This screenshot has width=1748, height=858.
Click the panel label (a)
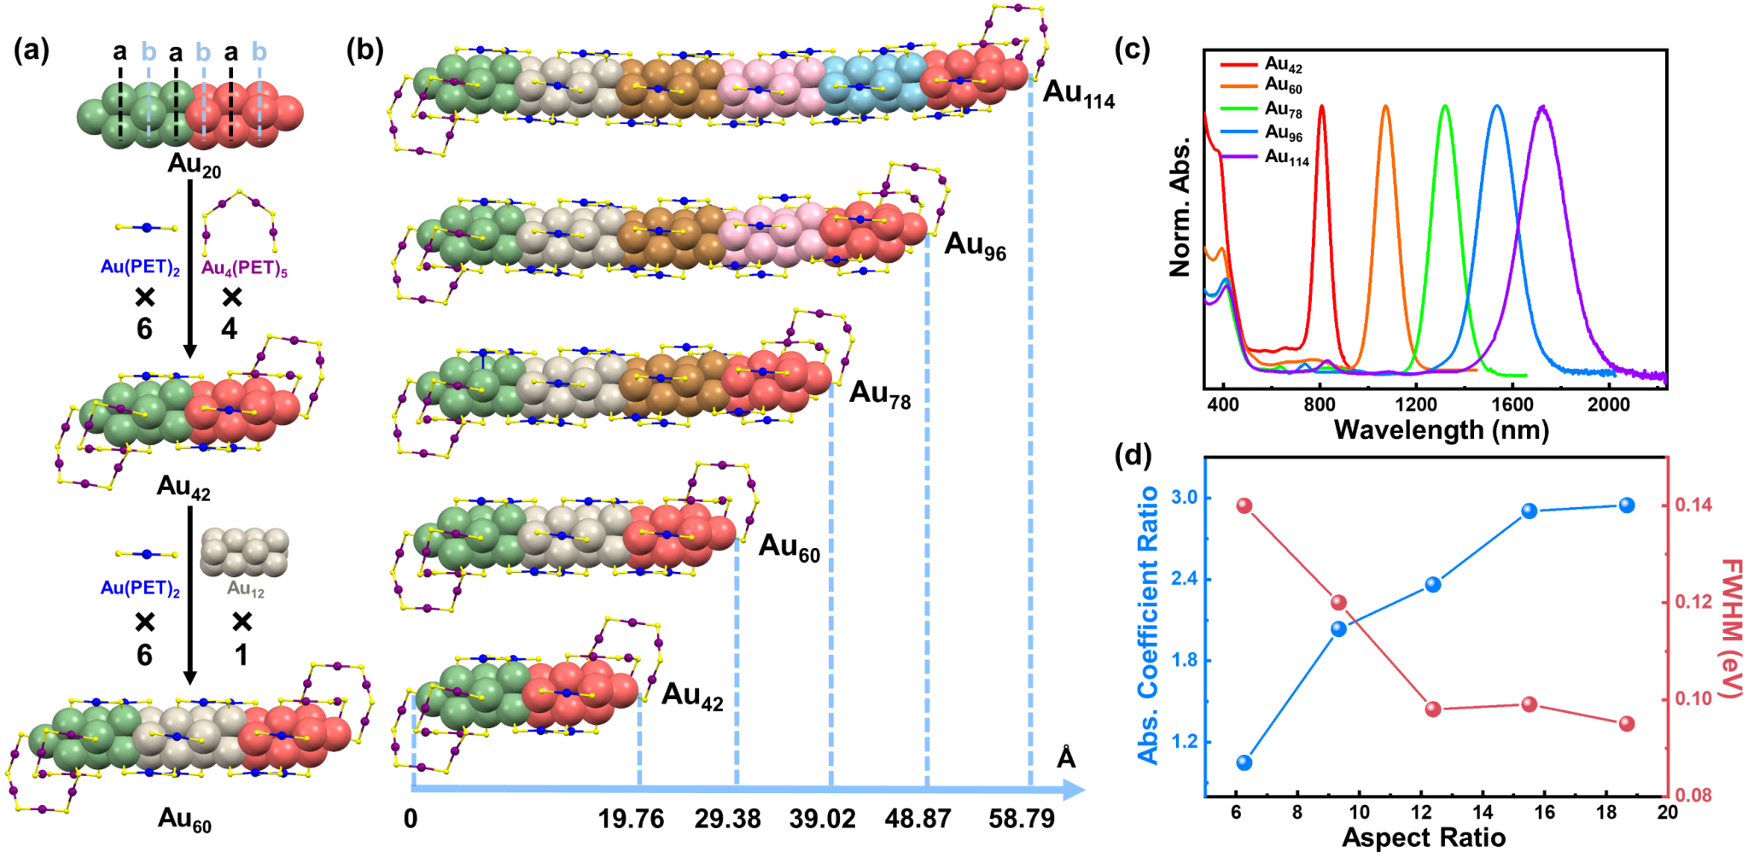[32, 51]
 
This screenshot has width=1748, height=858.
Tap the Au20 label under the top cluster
[195, 165]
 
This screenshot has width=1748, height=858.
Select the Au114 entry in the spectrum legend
[1286, 158]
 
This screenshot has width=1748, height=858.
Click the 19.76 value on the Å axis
[631, 820]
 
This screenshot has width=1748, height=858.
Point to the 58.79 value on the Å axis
[1022, 820]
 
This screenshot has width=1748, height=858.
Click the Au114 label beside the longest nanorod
[1079, 94]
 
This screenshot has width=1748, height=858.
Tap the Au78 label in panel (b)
[880, 394]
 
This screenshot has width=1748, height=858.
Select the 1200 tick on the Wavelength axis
[1416, 404]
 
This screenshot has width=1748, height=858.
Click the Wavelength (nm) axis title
[1441, 429]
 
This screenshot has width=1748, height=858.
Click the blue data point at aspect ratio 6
[1244, 762]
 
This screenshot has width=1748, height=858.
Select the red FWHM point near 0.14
[1244, 506]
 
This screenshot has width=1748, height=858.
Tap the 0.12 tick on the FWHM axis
[1693, 602]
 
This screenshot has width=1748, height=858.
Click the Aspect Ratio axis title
[1423, 838]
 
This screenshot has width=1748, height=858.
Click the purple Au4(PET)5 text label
[244, 269]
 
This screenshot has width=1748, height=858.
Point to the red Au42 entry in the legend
[1283, 65]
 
